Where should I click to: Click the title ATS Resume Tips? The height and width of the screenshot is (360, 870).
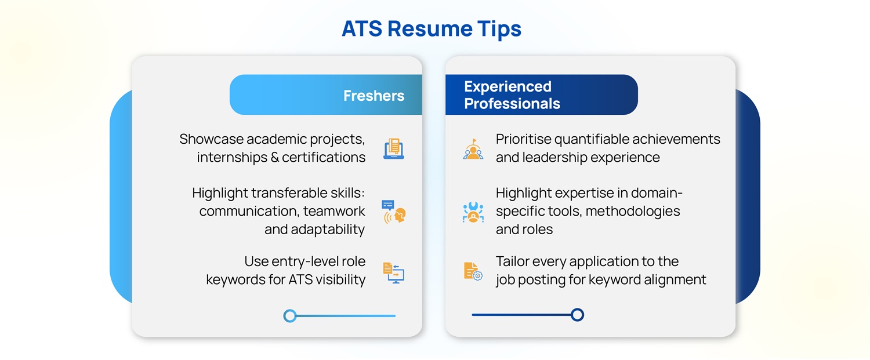[432, 28]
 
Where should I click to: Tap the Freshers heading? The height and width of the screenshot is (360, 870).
[374, 95]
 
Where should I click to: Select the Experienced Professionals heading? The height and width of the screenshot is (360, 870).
[512, 95]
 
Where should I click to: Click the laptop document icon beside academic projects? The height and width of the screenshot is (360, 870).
[394, 148]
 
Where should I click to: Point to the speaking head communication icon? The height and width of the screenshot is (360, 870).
[394, 212]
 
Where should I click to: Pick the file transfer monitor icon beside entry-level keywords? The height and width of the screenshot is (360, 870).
[394, 272]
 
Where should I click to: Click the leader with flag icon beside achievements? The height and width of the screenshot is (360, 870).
[473, 149]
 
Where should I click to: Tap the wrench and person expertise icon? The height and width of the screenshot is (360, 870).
[473, 212]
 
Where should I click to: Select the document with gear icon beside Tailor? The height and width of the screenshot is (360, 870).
[473, 271]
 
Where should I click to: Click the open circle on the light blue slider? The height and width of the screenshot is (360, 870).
[290, 316]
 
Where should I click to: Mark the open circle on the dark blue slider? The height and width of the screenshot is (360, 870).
[577, 315]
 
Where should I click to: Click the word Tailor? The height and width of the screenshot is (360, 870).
[514, 261]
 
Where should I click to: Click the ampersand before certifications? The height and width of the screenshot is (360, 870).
[274, 157]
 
